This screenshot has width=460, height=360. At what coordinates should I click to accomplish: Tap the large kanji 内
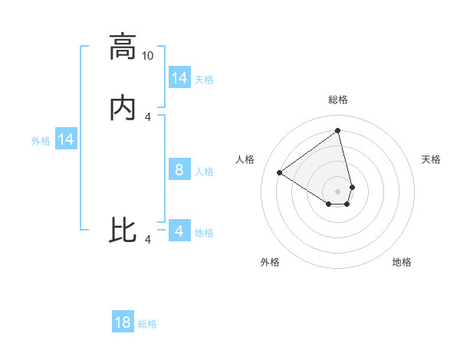click(x=123, y=109)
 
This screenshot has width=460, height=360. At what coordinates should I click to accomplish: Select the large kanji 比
click(x=123, y=231)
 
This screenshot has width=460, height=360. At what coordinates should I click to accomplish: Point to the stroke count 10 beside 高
click(x=147, y=56)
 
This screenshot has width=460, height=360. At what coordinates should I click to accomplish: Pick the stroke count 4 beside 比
click(x=148, y=241)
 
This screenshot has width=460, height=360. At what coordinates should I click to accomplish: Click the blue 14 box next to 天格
click(x=179, y=78)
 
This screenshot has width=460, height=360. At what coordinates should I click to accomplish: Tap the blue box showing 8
click(x=179, y=170)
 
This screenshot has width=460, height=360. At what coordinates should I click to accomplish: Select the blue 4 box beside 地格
click(x=179, y=231)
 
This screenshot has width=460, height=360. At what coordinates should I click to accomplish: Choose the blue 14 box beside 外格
click(x=66, y=139)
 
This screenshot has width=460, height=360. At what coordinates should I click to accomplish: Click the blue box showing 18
click(x=123, y=322)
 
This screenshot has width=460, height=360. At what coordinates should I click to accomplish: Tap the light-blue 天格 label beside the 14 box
click(x=204, y=80)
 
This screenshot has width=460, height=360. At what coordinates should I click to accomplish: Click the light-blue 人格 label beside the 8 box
click(x=204, y=172)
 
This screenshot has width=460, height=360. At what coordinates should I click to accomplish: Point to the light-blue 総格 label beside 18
click(x=147, y=324)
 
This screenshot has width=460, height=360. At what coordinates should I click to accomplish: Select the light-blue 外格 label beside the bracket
click(x=41, y=141)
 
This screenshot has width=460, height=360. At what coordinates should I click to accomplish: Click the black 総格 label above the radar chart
click(x=338, y=100)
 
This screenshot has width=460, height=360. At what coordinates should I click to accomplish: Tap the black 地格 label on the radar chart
click(x=402, y=262)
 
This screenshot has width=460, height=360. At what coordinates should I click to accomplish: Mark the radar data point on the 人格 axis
click(x=279, y=172)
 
